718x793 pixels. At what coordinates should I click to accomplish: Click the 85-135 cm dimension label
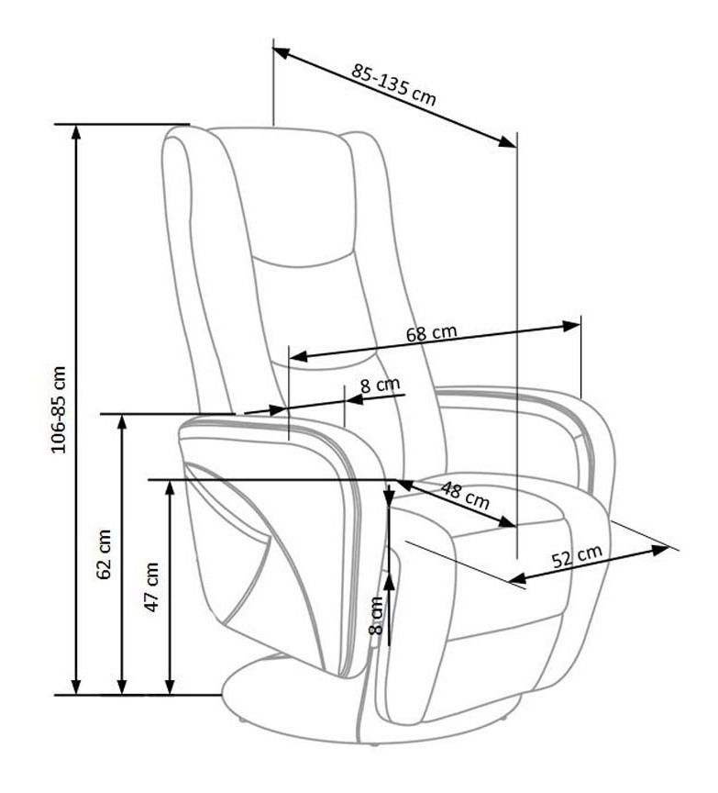[x=393, y=84]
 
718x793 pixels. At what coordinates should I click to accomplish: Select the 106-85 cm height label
[x=59, y=409]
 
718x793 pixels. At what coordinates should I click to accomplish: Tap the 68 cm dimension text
[x=432, y=333]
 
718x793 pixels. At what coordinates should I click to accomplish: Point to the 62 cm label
[x=105, y=553]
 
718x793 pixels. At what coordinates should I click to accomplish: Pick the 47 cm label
[x=152, y=587]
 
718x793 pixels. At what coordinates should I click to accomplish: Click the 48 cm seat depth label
[x=465, y=495]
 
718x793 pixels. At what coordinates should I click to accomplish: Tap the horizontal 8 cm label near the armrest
[x=380, y=385]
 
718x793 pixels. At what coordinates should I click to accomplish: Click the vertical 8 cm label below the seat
[x=377, y=616]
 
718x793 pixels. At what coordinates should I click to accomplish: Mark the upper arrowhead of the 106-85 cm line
[x=76, y=132]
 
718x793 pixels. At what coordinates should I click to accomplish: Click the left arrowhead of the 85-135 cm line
[x=281, y=52]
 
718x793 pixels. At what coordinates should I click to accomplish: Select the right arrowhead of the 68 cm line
[x=571, y=326]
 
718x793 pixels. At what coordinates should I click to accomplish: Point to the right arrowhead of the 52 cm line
[x=660, y=550]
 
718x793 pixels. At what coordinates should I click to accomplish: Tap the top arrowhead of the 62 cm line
[x=122, y=423]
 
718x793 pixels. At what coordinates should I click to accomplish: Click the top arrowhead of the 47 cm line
[x=170, y=488]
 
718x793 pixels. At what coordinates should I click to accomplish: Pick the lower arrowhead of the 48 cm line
[x=508, y=522]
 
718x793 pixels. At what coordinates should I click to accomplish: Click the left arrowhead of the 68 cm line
[x=298, y=356]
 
